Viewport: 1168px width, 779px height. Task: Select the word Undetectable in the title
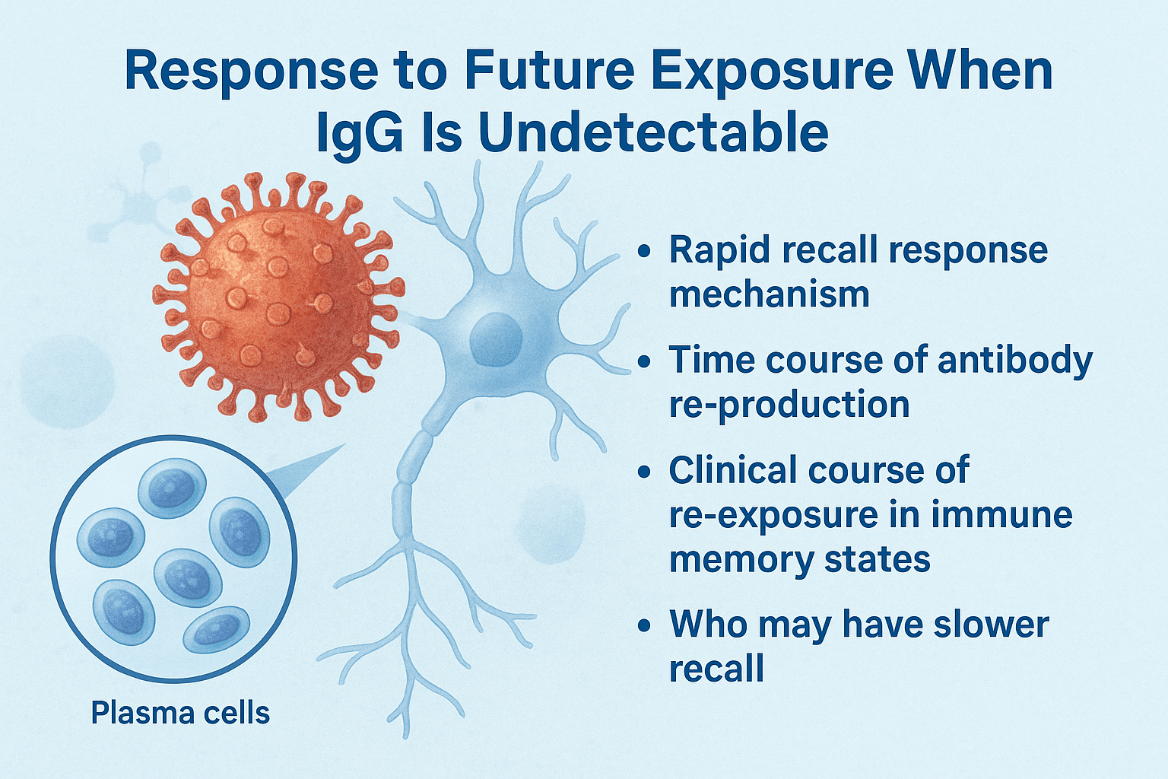tap(653, 132)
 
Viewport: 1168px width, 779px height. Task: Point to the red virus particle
tap(278, 297)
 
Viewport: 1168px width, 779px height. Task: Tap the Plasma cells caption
tap(180, 714)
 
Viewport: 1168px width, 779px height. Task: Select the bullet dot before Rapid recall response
tap(645, 250)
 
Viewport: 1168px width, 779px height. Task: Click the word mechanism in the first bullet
tap(769, 294)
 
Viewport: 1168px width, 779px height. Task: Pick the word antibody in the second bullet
tap(1015, 361)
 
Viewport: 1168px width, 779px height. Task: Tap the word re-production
tap(789, 405)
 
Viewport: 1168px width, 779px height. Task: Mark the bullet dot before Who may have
tap(645, 625)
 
